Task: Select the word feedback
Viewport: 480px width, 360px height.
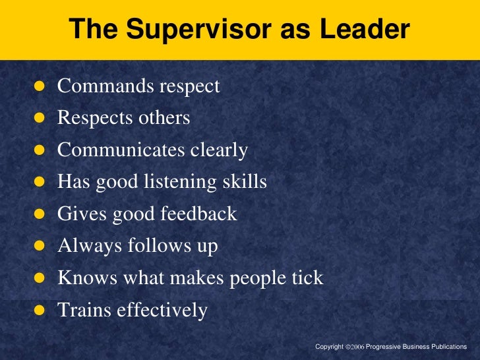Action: coord(200,214)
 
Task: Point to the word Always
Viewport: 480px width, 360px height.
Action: coord(84,246)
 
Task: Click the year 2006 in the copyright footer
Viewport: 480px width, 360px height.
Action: coord(356,347)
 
